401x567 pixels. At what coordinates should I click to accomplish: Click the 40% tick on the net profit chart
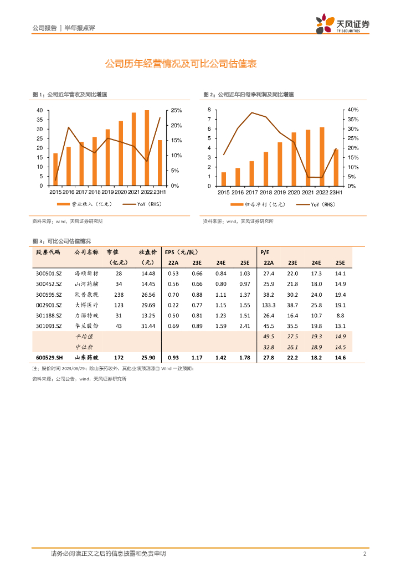pyautogui.click(x=353, y=110)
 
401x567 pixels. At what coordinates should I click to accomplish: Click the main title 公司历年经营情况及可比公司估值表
pyautogui.click(x=181, y=64)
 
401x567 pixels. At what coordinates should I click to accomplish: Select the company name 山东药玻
pyautogui.click(x=88, y=358)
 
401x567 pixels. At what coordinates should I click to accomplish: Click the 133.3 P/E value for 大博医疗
pyautogui.click(x=269, y=305)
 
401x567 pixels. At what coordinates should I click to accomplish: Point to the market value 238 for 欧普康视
pyautogui.click(x=119, y=295)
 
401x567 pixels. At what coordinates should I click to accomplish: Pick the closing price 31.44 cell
pyautogui.click(x=148, y=326)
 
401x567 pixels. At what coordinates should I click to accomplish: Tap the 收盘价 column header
pyautogui.click(x=148, y=252)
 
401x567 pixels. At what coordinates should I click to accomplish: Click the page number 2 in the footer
pyautogui.click(x=365, y=554)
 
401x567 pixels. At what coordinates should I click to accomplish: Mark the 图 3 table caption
pyautogui.click(x=61, y=241)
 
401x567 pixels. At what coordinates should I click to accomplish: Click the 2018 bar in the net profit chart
pyautogui.click(x=266, y=169)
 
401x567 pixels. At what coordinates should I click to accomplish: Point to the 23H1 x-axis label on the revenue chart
pyautogui.click(x=160, y=192)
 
